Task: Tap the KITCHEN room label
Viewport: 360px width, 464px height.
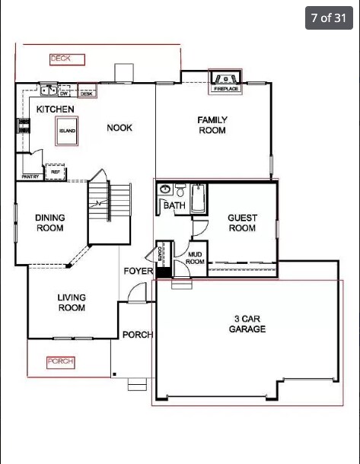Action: [x=56, y=110]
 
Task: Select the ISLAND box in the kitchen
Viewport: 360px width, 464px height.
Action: [x=68, y=131]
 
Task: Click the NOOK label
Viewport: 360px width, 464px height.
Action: [x=119, y=128]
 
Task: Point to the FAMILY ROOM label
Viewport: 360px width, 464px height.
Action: [x=212, y=126]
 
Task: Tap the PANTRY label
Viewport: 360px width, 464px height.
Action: [x=30, y=176]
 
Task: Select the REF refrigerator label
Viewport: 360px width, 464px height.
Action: [x=56, y=172]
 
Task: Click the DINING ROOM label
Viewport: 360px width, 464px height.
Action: [x=50, y=223]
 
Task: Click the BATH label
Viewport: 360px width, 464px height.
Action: [x=174, y=205]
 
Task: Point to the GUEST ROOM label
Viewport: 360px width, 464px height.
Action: [x=242, y=223]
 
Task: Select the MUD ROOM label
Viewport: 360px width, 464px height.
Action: [x=196, y=258]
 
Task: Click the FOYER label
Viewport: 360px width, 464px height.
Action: [x=138, y=272]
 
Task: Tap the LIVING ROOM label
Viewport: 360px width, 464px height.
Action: [x=72, y=303]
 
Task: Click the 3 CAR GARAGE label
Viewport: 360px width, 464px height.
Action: [x=247, y=324]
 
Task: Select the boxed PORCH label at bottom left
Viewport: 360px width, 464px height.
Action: [x=60, y=362]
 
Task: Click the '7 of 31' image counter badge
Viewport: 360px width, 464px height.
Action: [x=329, y=17]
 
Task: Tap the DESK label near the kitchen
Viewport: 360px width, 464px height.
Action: [x=86, y=94]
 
